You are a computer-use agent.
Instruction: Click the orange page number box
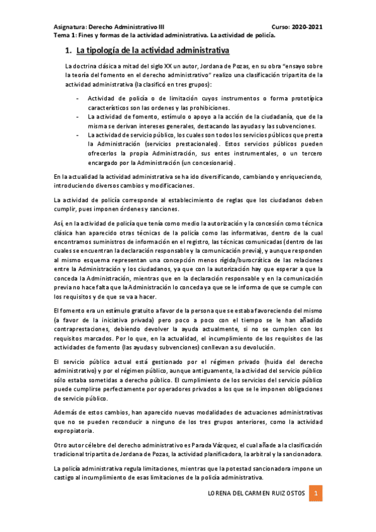pyautogui.click(x=317, y=494)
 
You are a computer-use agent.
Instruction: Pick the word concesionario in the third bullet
pyautogui.click(x=208, y=162)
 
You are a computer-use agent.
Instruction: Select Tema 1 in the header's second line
pyautogui.click(x=63, y=36)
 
